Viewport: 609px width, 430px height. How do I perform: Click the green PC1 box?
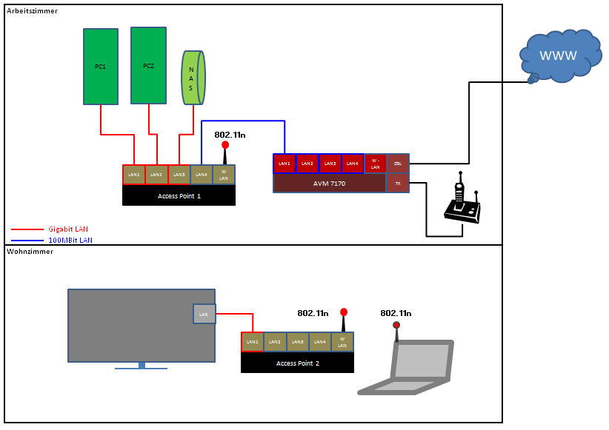click(101, 67)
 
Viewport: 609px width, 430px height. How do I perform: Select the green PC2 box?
click(149, 65)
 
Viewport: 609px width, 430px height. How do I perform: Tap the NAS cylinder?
click(193, 77)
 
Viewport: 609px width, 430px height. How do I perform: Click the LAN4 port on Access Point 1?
click(201, 175)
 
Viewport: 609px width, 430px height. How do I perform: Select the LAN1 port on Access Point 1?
click(134, 175)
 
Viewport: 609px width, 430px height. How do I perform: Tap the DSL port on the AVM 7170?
click(398, 164)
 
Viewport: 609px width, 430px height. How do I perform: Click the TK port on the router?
click(398, 184)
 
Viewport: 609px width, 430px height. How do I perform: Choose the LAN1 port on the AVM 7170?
click(284, 164)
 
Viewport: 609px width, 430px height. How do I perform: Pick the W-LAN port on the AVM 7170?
click(375, 164)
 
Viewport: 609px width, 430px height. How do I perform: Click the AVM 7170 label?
click(329, 184)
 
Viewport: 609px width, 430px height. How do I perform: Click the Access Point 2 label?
click(297, 363)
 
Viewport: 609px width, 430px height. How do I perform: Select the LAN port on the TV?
click(204, 314)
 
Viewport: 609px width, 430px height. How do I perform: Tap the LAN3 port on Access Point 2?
click(297, 342)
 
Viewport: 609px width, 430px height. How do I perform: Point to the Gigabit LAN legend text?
click(73, 229)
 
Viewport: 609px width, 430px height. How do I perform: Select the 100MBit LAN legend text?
click(71, 241)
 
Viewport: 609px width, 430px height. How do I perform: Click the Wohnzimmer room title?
click(30, 252)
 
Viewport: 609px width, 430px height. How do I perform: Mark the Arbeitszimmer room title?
click(33, 11)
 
